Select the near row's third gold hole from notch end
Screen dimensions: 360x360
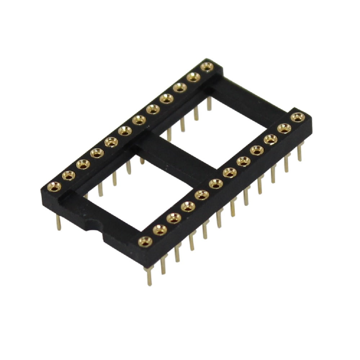[x=174, y=218]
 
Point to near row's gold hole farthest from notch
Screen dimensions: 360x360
[x=297, y=117]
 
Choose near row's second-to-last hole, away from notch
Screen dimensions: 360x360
[x=284, y=128]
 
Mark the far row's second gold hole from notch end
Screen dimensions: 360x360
[x=68, y=175]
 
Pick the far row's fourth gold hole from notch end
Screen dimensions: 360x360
[x=96, y=154]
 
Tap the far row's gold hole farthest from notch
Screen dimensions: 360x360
[x=207, y=67]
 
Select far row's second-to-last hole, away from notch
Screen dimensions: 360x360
[x=193, y=77]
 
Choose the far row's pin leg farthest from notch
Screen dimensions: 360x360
[x=209, y=105]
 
